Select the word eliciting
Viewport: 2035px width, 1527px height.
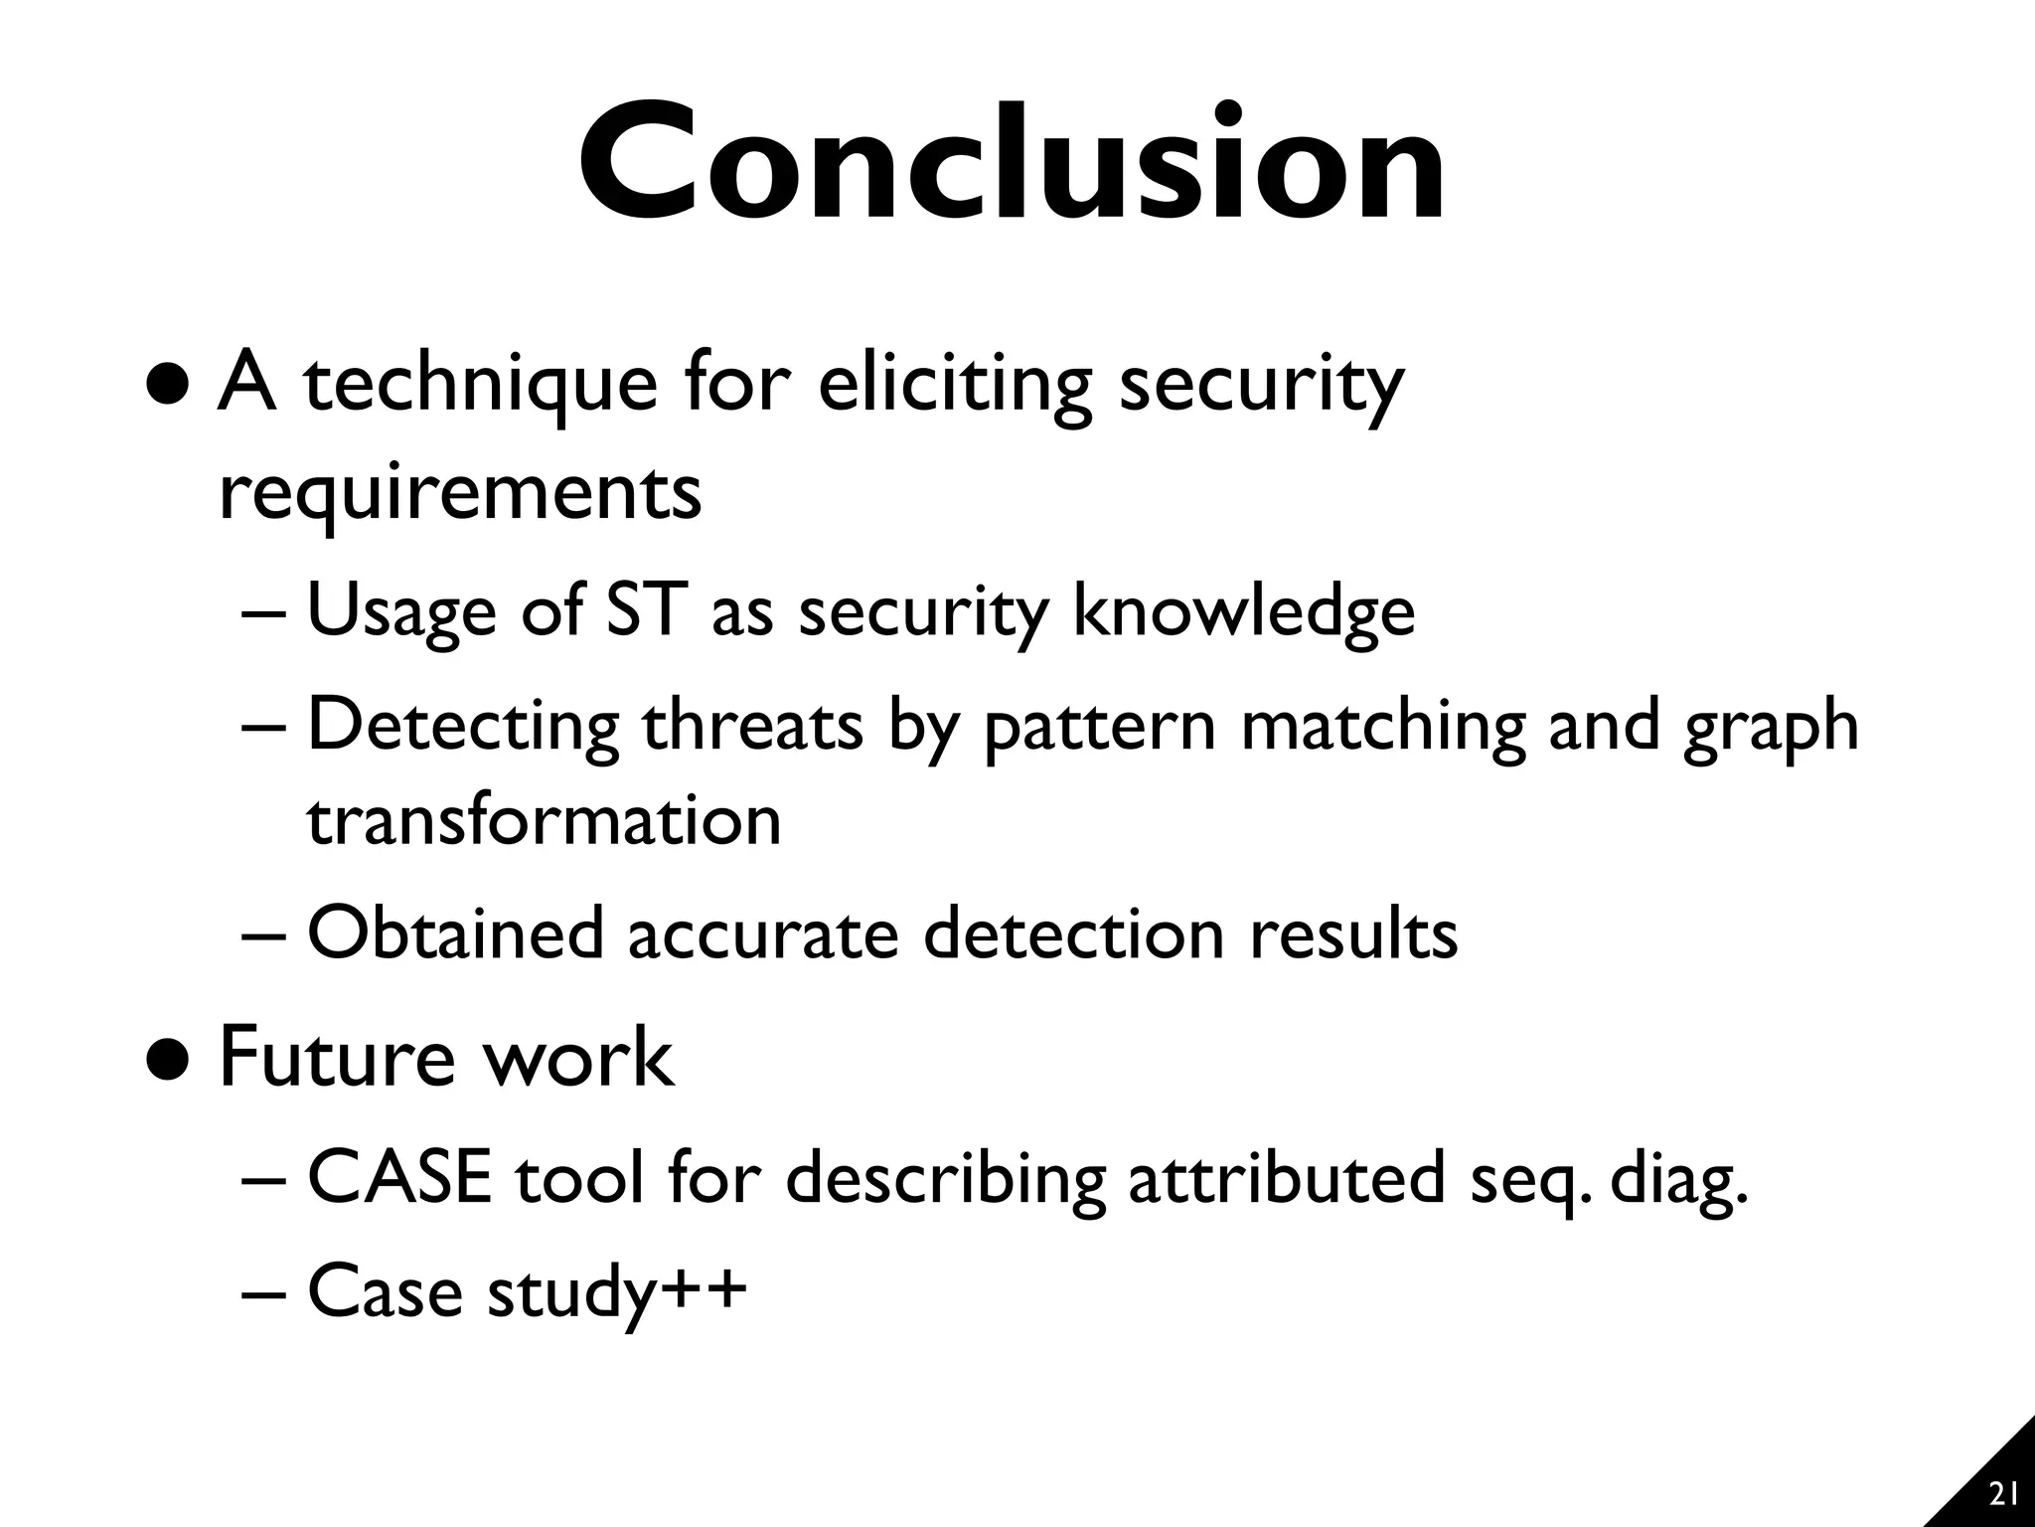pos(955,385)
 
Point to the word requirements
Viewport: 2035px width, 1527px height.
pos(460,493)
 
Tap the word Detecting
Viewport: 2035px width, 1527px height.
pos(463,726)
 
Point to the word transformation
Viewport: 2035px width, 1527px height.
pos(544,820)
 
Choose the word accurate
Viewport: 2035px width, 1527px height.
pos(762,935)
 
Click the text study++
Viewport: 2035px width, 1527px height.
pos(616,1292)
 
